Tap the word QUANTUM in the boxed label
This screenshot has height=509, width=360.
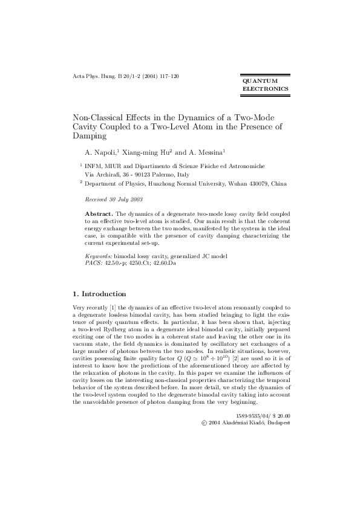pyautogui.click(x=260, y=80)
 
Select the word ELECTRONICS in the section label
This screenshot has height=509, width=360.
pyautogui.click(x=265, y=89)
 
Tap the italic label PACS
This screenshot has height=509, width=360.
pyautogui.click(x=93, y=264)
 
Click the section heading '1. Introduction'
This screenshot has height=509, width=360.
pyautogui.click(x=99, y=294)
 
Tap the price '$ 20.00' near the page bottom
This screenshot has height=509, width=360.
pyautogui.click(x=278, y=399)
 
